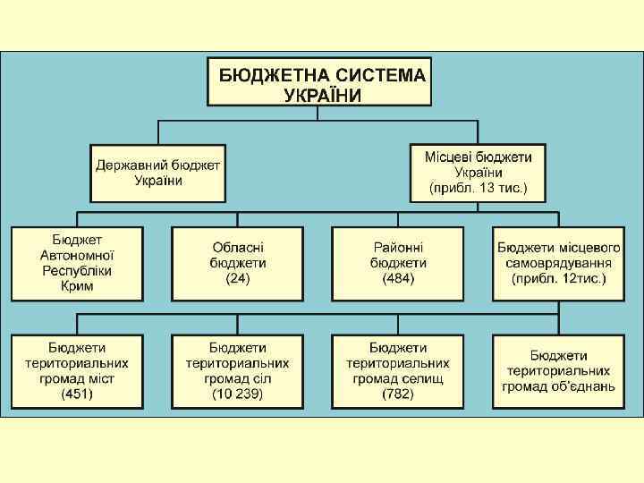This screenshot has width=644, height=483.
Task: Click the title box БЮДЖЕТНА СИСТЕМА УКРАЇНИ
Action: tap(319, 85)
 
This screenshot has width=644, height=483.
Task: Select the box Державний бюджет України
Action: tap(158, 172)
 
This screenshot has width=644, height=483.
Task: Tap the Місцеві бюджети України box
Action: tap(478, 172)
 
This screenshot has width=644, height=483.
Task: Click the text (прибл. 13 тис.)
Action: tap(479, 189)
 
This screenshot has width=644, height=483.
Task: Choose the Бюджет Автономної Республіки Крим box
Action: tap(77, 263)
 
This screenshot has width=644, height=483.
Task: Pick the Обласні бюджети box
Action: tap(238, 263)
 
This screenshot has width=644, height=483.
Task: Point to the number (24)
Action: tap(238, 279)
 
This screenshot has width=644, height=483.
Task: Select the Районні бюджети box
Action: tap(398, 263)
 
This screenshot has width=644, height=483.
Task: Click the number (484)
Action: tap(398, 279)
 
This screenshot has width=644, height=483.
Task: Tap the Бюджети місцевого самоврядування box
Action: tap(559, 263)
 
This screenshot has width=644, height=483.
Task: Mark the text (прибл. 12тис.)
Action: tap(559, 279)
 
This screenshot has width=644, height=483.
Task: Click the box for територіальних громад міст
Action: tap(77, 370)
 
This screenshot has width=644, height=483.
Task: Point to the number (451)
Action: tap(77, 394)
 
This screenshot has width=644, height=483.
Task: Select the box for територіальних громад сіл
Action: tap(238, 370)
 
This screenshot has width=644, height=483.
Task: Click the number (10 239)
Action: tap(238, 394)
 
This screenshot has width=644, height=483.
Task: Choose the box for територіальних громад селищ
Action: tap(398, 370)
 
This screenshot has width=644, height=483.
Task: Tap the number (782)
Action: tap(398, 394)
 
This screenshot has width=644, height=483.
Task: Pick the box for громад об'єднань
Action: tap(559, 371)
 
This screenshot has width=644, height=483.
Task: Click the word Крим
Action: tap(77, 286)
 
